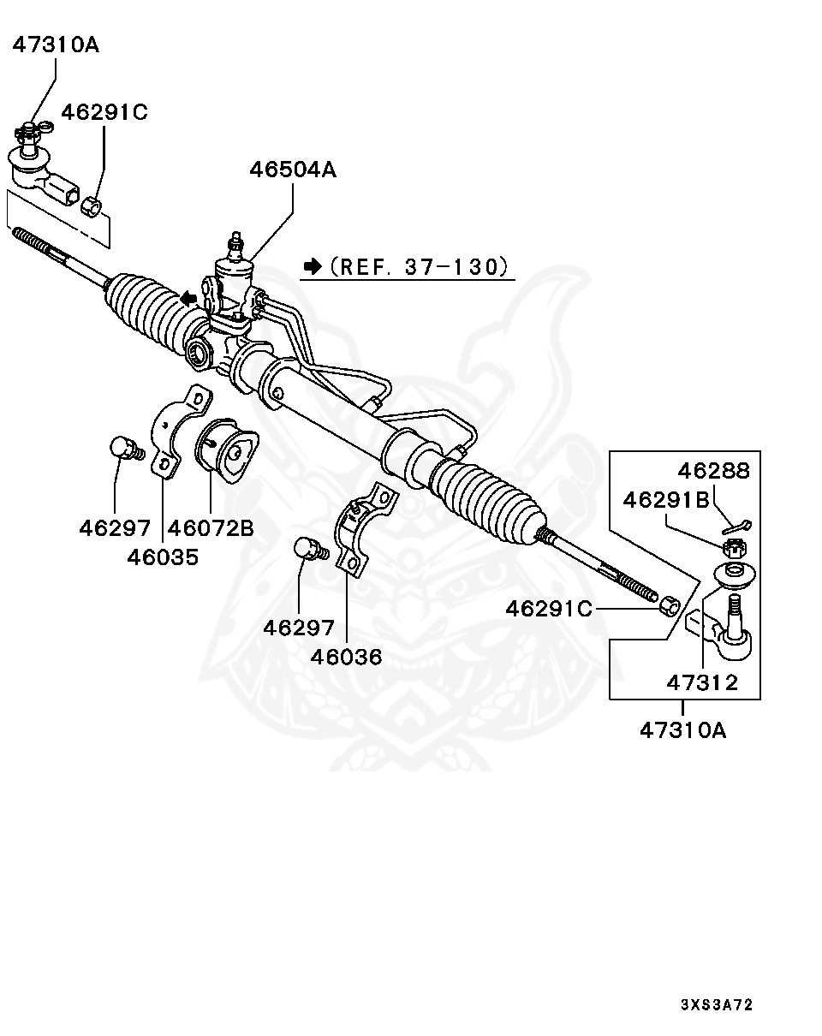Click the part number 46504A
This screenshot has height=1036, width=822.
pos(293,170)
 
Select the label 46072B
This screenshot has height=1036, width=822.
pos(211,527)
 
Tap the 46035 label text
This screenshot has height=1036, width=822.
pos(163,557)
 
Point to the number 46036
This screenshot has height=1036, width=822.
pos(346,657)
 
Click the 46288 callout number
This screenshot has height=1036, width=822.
pos(713,470)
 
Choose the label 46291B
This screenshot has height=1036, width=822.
pos(666,500)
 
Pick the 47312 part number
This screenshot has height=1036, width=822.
pos(702,682)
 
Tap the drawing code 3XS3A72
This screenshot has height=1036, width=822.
pos(717,1004)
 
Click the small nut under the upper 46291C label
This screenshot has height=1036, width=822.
pos(92,205)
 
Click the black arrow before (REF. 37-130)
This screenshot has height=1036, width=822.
pos(313,266)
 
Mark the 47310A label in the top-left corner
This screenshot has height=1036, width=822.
pos(56,45)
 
